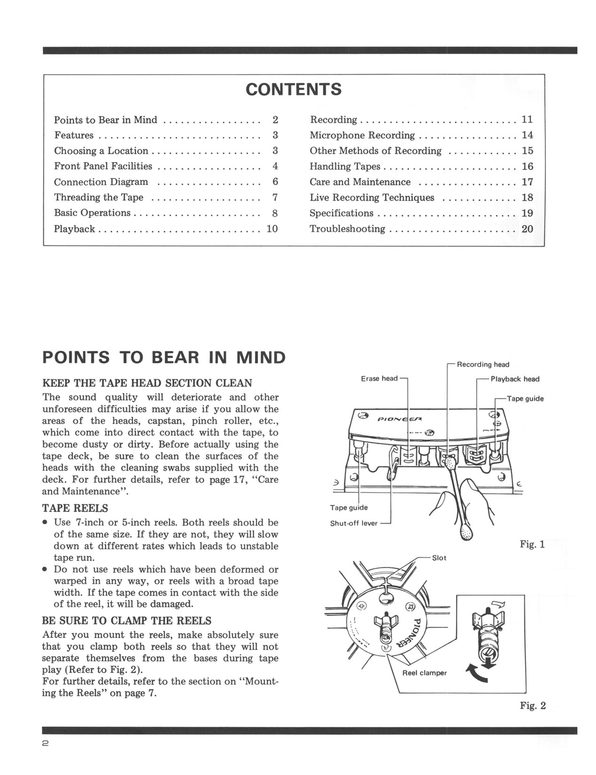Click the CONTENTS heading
pos(293,89)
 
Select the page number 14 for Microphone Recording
pos(527,135)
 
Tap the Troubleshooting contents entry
pos(347,229)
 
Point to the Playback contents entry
pos(74,229)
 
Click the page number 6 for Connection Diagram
pos(275,182)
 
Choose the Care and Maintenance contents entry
pos(360,182)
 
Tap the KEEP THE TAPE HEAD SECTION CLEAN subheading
pos(147,383)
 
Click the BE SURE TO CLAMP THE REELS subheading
pos(127,621)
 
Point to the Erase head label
pos(379,378)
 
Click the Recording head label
pos(483,364)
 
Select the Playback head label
pos(515,379)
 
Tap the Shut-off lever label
pos(354,524)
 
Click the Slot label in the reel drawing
pos(439,558)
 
